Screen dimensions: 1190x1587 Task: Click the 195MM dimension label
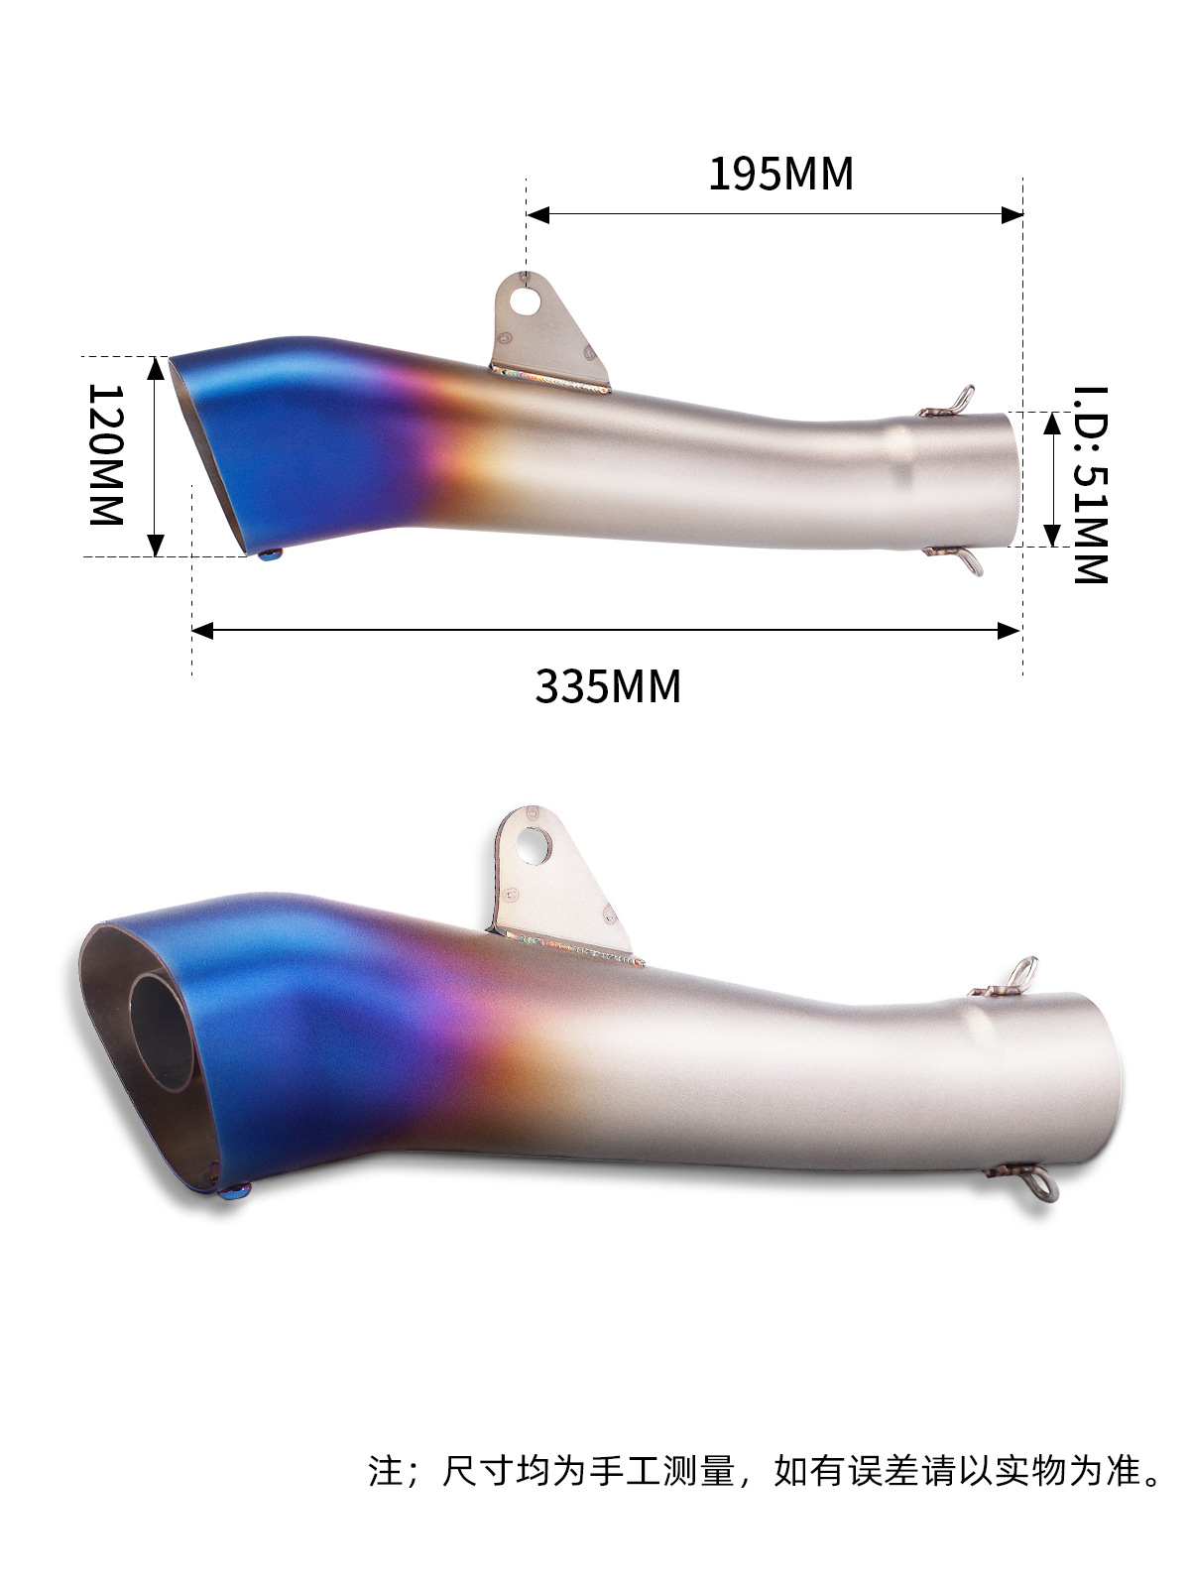[780, 175]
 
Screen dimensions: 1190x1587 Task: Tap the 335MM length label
[608, 686]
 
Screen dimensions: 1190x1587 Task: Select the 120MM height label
[106, 454]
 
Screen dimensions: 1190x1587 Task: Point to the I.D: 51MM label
[1090, 484]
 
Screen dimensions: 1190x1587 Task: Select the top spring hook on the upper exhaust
[948, 404]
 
